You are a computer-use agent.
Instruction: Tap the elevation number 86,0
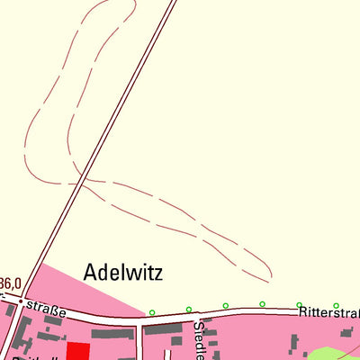pyautogui.click(x=10, y=283)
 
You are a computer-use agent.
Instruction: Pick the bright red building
pyautogui.click(x=78, y=352)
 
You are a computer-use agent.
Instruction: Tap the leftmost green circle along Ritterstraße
pyautogui.click(x=152, y=312)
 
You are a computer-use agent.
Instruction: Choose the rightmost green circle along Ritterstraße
pyautogui.click(x=336, y=305)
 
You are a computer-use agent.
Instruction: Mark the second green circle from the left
pyautogui.click(x=189, y=310)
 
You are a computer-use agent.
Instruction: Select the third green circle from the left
pyautogui.click(x=226, y=306)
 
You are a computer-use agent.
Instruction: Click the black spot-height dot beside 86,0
pyautogui.click(x=20, y=301)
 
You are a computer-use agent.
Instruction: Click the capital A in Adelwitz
pyautogui.click(x=91, y=271)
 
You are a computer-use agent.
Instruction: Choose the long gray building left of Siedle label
pyautogui.click(x=163, y=330)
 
